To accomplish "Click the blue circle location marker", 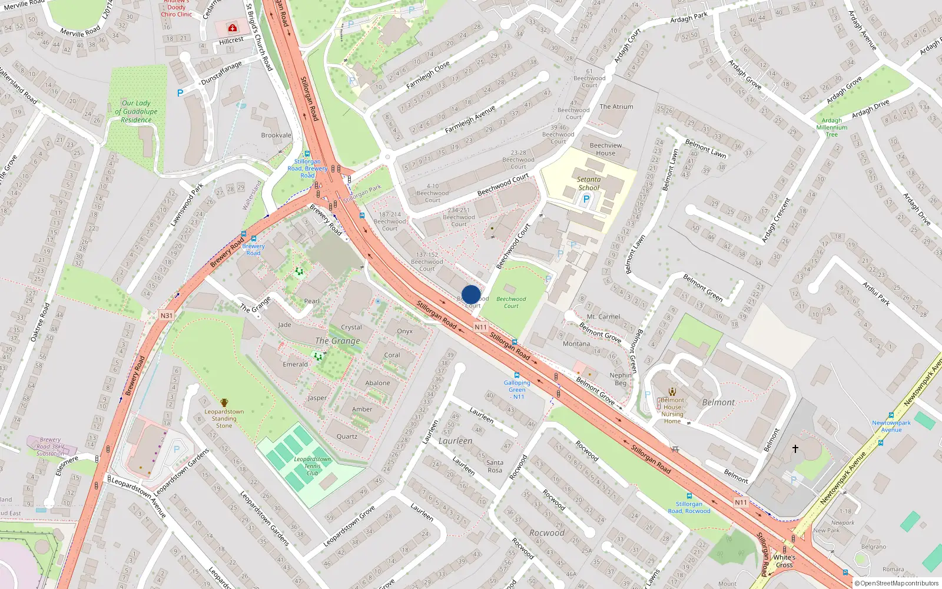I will pos(471,294).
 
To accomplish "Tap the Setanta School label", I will pos(589,184).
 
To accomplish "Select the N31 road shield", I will pos(167,316).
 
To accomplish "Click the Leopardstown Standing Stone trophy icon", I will pos(224,403).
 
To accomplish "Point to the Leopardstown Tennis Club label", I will pos(313,466).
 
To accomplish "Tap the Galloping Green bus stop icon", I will pos(517,375).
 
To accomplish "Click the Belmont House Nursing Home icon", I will pos(672,392).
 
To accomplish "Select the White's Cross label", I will pos(784,561).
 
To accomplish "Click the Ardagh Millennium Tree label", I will pos(832,127).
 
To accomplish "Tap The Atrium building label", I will pos(616,107).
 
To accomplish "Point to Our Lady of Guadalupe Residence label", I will pos(136,111).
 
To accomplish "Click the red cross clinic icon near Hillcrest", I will pos(233,28).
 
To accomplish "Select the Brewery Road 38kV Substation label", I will pos(50,446).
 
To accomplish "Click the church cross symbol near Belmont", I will pos(795,449).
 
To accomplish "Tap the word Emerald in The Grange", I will pos(295,365).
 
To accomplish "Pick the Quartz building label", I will pos(347,436).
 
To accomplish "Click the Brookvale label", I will pos(276,135).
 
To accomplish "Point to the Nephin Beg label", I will pos(621,379).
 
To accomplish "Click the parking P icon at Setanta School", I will pos(586,199).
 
